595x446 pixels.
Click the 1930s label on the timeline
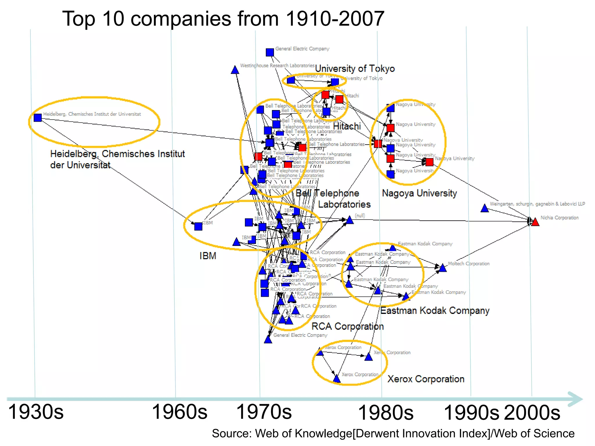coord(36,412)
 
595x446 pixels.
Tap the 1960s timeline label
coord(180,412)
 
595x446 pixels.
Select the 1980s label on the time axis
coord(386,413)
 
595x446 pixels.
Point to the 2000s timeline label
coord(532,413)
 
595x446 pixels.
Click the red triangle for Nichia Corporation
coord(535,222)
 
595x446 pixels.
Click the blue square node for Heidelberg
coord(37,118)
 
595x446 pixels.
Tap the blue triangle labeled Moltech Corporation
coord(442,268)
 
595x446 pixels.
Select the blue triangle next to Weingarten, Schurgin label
coord(484,208)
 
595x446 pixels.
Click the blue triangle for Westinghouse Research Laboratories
coord(235,70)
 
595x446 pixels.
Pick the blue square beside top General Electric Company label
coord(270,52)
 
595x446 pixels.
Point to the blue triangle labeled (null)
coord(350,220)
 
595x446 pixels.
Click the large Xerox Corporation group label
coord(426,379)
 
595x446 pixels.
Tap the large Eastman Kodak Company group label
coord(435,311)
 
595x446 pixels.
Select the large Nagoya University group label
coord(419,193)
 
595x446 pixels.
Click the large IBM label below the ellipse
coord(208,256)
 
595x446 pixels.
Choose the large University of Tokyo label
coord(355,69)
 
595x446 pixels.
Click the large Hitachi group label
coord(347,126)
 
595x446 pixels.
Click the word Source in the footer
coord(231,434)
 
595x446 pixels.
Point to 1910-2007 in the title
coord(335,19)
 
